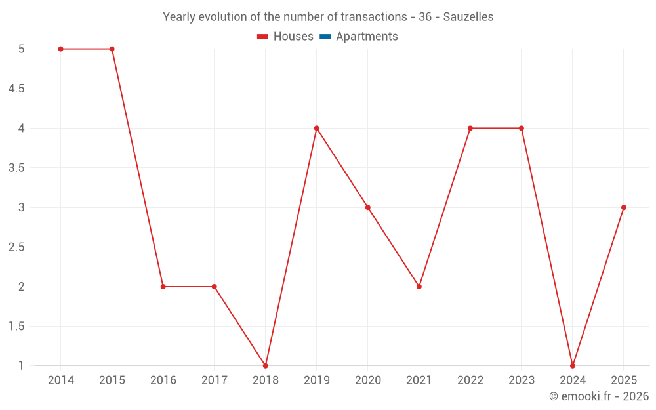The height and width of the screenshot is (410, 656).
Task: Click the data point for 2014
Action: coord(61,49)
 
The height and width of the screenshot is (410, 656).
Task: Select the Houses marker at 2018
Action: coord(266,366)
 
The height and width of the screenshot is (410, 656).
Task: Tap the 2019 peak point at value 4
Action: coord(317,129)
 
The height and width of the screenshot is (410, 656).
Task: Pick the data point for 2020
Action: coord(368,207)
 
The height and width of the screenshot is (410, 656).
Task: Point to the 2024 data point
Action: coord(573,366)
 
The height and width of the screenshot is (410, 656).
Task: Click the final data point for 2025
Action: coord(624,207)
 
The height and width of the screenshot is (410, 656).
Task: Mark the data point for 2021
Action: coord(419,287)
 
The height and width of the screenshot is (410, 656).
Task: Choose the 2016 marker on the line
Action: coord(163,287)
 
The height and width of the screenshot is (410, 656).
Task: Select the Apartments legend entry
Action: coord(367,37)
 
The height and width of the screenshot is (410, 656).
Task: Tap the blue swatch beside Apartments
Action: coord(325,37)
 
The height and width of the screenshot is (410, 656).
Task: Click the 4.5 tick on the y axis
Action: coord(16,89)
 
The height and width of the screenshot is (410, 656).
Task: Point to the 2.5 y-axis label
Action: coord(16,247)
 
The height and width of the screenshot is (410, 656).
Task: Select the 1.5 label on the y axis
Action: coord(16,327)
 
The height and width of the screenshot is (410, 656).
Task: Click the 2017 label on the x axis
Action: coord(215,380)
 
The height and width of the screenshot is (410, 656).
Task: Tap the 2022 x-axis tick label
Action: coord(470,380)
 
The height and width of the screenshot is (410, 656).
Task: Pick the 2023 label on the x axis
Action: coord(522,380)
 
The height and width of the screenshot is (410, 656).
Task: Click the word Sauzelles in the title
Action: coord(468,17)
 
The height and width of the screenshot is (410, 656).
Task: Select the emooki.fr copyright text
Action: coord(599,396)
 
